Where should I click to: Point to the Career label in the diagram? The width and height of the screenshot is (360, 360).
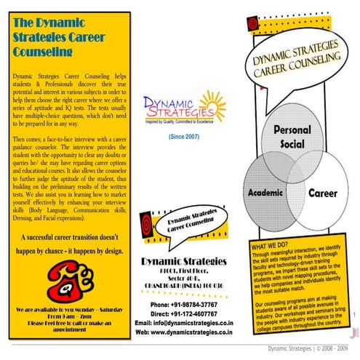(x=322, y=195)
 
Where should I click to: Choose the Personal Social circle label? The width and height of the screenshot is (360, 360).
(x=292, y=137)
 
